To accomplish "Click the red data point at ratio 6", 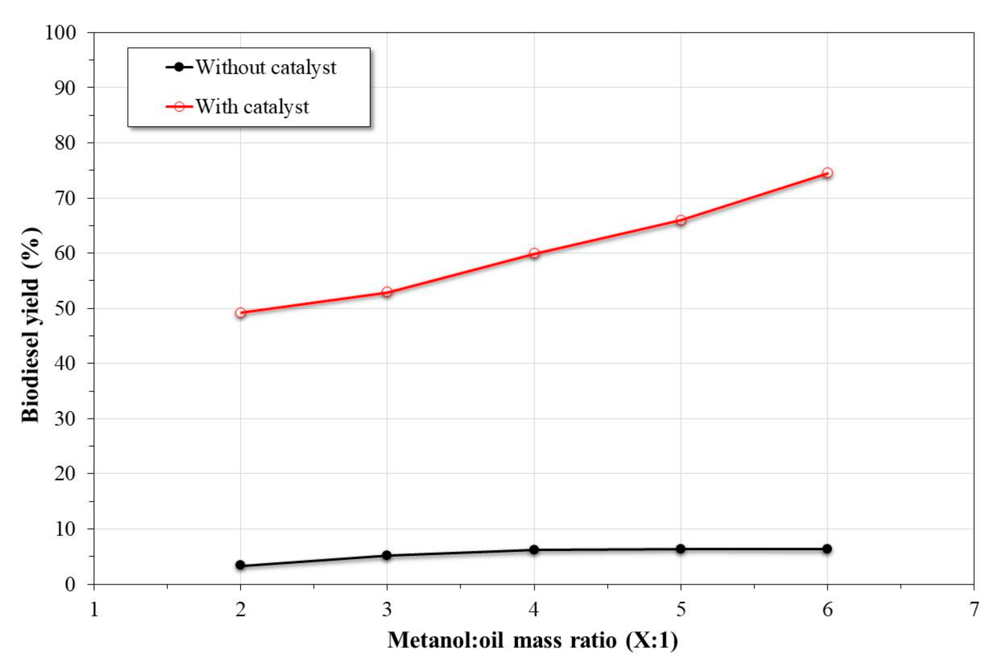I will tap(827, 173).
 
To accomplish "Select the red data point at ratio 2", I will tap(240, 313).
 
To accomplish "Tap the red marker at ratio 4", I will tap(534, 253).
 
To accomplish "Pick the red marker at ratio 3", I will tap(387, 292).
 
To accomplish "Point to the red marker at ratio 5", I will tap(680, 220).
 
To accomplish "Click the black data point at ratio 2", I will tap(240, 565).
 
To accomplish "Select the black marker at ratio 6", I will tap(827, 549).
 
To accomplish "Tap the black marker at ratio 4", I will tap(534, 550).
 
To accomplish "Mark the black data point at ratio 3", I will tap(387, 555).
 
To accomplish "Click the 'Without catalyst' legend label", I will tap(266, 68).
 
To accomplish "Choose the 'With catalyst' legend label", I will tap(252, 107).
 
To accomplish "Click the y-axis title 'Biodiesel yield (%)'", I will tap(30, 325).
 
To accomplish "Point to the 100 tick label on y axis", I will tap(60, 33).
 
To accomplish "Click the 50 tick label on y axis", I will tap(65, 308).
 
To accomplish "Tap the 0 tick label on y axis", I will tap(70, 584).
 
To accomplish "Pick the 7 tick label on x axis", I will tap(974, 609).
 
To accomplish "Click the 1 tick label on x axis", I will tap(94, 609).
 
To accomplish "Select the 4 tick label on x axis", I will tap(534, 609).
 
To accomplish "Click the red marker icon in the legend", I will tap(179, 106).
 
